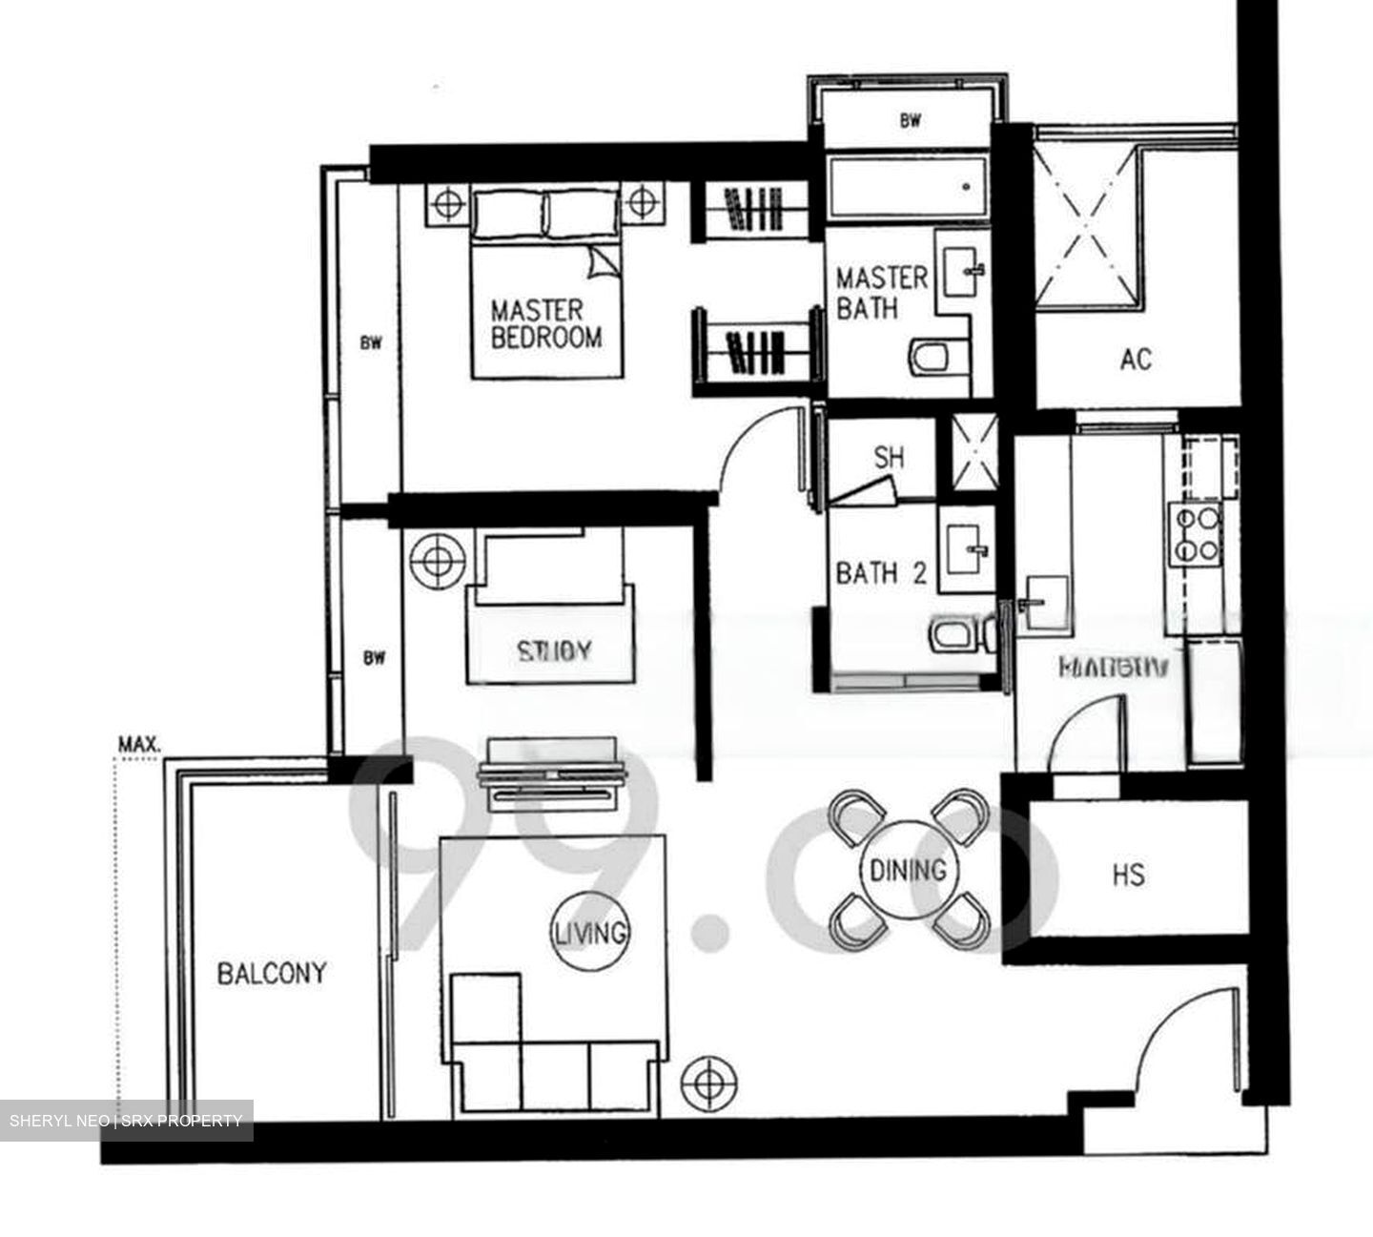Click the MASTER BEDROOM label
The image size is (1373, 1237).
(545, 323)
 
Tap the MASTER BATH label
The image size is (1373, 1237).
(881, 292)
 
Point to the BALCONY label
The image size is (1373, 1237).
(272, 974)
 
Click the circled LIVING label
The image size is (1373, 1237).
(591, 931)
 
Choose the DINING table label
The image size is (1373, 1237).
(908, 870)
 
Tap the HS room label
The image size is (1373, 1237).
(1128, 875)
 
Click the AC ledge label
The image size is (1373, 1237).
(1136, 360)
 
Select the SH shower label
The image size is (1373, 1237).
(889, 458)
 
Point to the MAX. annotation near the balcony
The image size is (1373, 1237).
(138, 743)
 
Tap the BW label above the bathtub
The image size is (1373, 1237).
(911, 121)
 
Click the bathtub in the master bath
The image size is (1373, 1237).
(905, 187)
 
